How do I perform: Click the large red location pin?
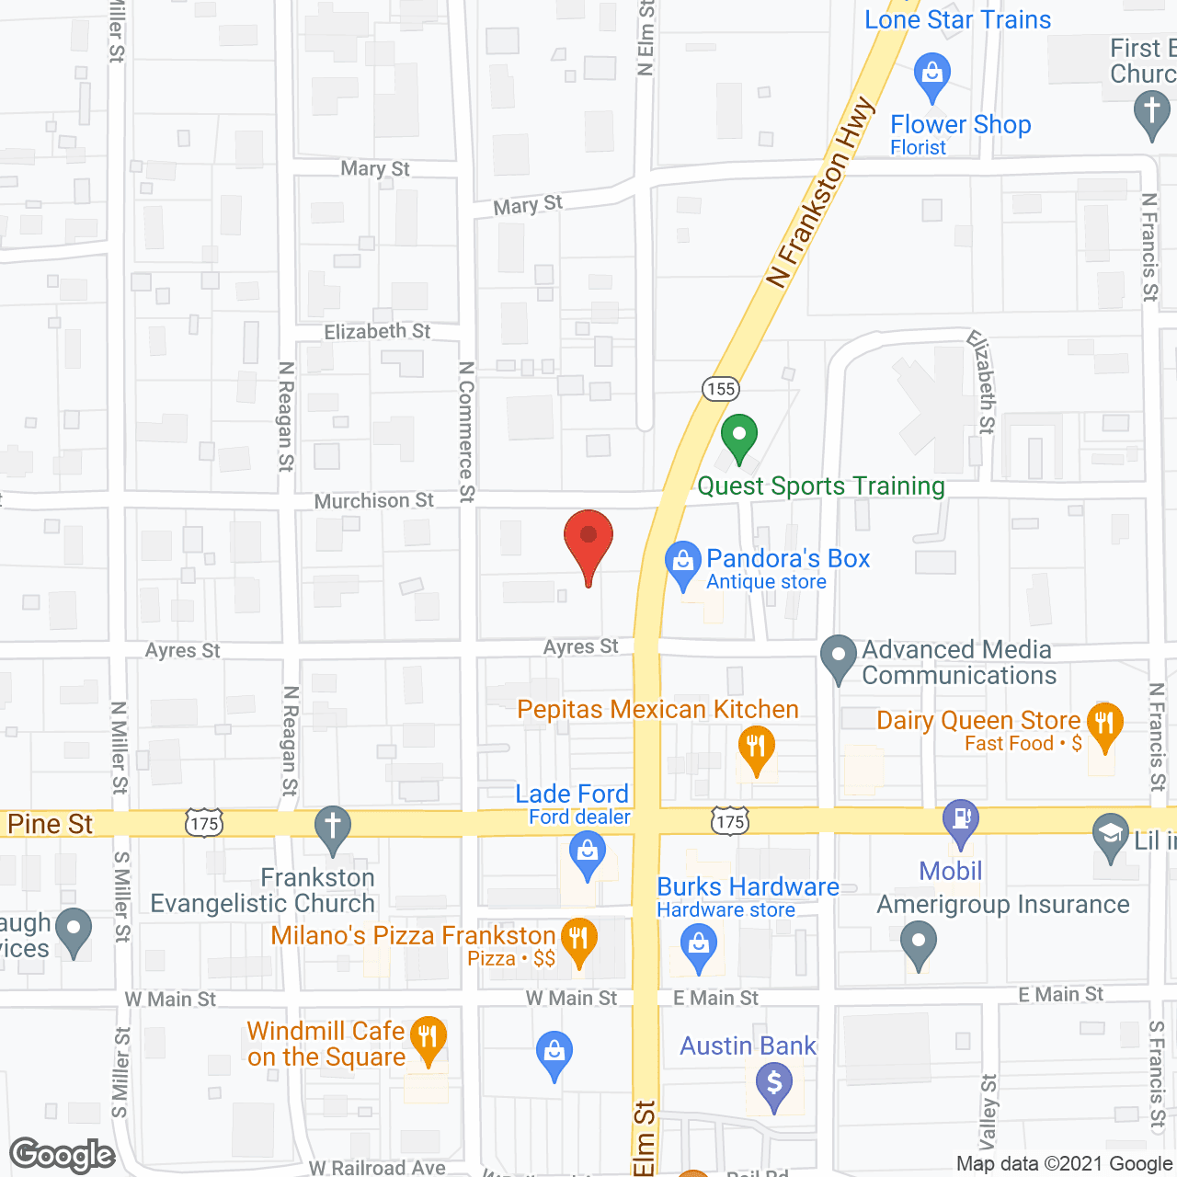pyautogui.click(x=588, y=541)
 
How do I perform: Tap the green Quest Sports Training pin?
pyautogui.click(x=738, y=437)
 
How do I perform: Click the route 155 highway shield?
pyautogui.click(x=721, y=389)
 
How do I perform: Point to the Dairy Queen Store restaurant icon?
pyautogui.click(x=1104, y=725)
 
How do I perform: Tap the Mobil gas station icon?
pyautogui.click(x=961, y=818)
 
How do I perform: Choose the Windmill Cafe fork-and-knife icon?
pyautogui.click(x=428, y=1037)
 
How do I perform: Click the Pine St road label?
pyautogui.click(x=51, y=824)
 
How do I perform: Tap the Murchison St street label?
pyautogui.click(x=373, y=501)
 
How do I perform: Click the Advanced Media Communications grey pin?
pyautogui.click(x=838, y=657)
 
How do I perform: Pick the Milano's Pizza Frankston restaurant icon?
pyautogui.click(x=578, y=939)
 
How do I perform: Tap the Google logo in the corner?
pyautogui.click(x=63, y=1155)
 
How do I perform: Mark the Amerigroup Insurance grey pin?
pyautogui.click(x=918, y=943)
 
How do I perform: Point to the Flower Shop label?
pyautogui.click(x=960, y=125)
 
